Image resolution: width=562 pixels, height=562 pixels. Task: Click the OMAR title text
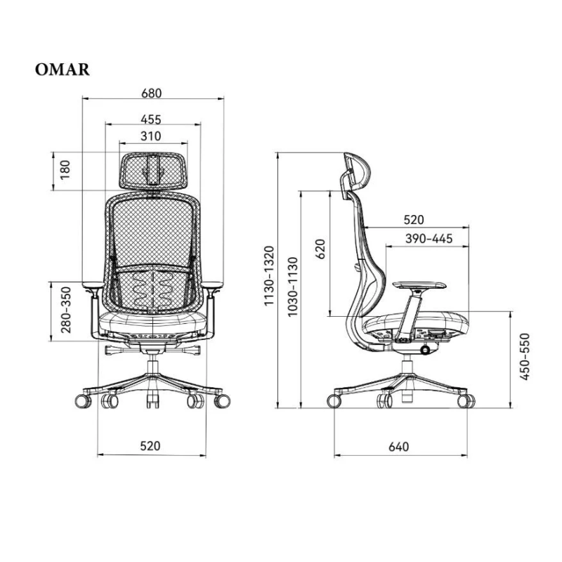[x=61, y=70]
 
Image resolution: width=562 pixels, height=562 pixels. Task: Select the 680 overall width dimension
[x=151, y=93]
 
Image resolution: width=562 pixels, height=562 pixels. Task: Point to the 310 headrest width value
[x=150, y=136]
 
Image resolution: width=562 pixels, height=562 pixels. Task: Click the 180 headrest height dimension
[x=65, y=170]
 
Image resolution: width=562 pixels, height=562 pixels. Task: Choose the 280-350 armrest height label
[x=65, y=310]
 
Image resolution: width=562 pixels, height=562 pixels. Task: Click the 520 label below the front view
[x=150, y=445]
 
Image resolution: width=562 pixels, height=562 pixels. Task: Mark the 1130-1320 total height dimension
[x=268, y=276]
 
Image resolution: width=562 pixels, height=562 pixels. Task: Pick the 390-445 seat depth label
[x=429, y=239]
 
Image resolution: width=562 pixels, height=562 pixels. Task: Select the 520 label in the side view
[x=414, y=219]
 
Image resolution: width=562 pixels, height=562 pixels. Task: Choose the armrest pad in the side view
[x=420, y=285]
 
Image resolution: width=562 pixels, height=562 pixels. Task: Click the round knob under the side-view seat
[x=426, y=349]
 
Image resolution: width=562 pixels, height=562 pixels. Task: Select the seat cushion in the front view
[x=153, y=324]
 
